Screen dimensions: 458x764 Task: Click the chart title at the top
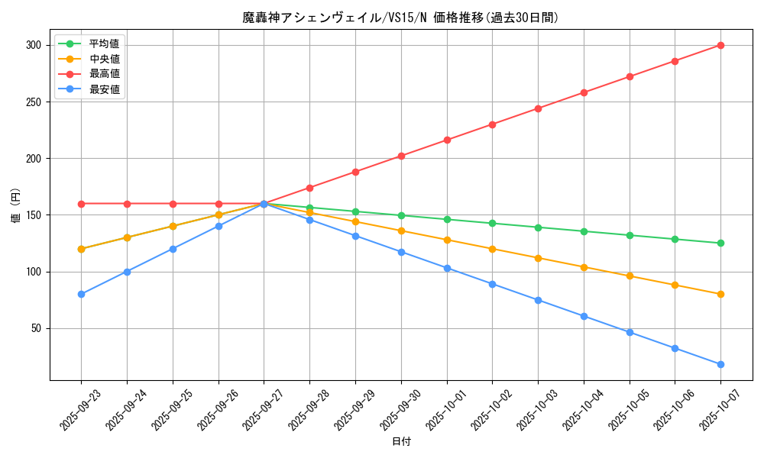point(401,18)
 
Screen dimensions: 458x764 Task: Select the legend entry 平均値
point(104,44)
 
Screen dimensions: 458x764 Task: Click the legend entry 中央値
point(104,59)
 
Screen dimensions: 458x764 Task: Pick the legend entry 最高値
point(104,74)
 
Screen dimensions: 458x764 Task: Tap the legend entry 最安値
point(104,89)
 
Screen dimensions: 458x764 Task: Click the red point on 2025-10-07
point(720,45)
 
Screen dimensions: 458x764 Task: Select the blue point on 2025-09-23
point(81,294)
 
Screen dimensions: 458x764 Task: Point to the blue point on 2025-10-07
point(720,364)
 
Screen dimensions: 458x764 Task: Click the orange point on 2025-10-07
point(720,294)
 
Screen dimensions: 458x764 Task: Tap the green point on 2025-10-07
point(720,243)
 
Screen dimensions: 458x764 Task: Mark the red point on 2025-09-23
point(81,204)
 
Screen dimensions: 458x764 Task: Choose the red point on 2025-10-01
point(447,140)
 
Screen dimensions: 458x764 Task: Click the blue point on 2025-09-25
point(173,249)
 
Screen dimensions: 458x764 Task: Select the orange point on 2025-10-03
point(538,258)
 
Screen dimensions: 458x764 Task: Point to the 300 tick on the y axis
point(32,45)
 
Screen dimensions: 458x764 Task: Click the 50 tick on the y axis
point(34,328)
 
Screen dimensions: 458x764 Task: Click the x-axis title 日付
point(401,442)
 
